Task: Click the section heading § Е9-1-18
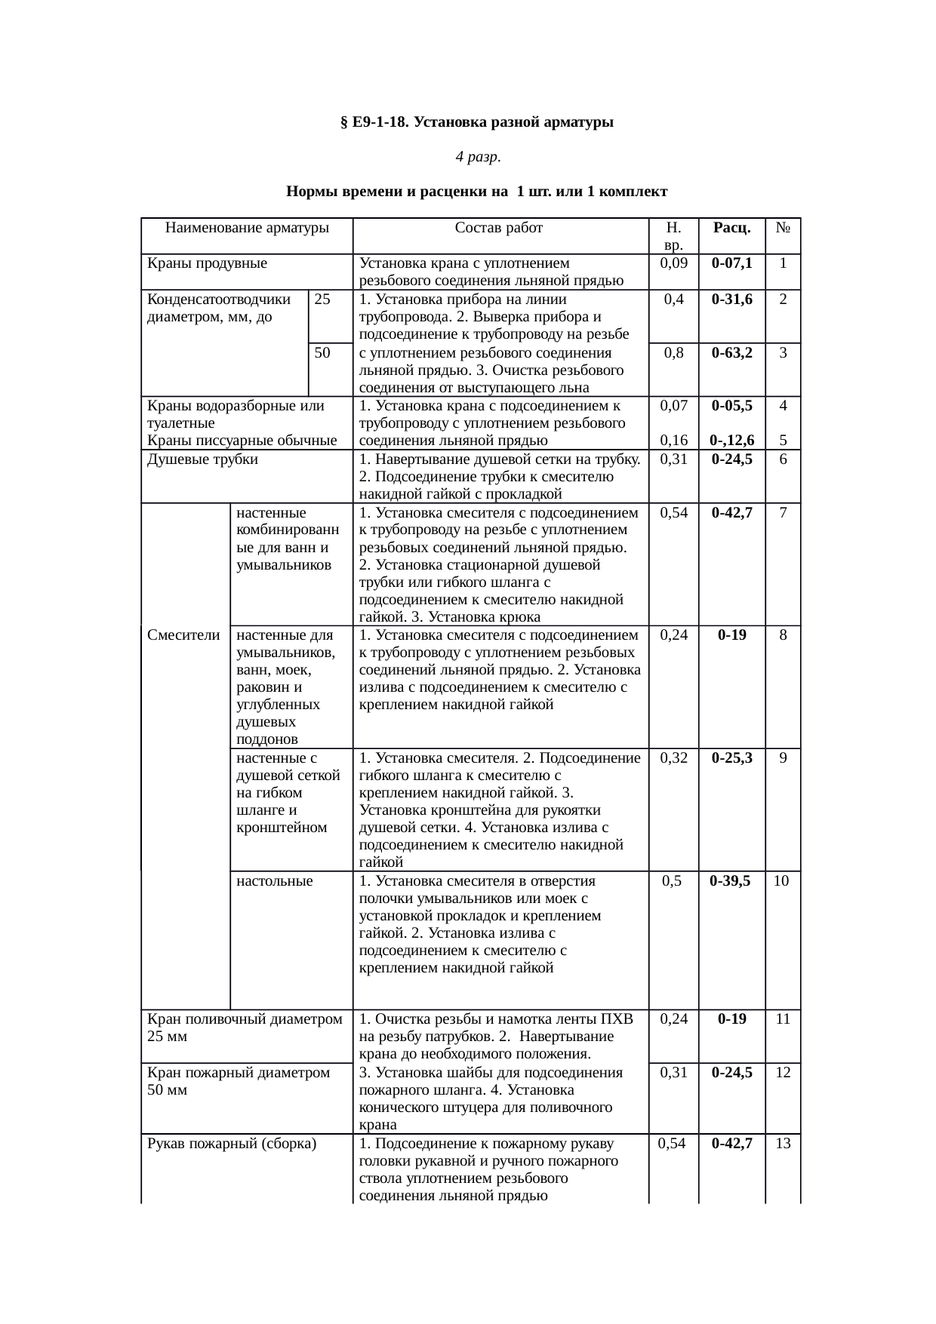[x=476, y=121]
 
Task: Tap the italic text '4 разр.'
[x=477, y=157]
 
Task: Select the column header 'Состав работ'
[x=499, y=227]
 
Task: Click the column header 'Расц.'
[x=731, y=227]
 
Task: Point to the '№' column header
[x=783, y=227]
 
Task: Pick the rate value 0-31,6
[x=731, y=299]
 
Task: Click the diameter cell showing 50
[x=322, y=352]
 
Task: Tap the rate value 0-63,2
[x=731, y=352]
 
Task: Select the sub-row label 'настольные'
[x=274, y=880]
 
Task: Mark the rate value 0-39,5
[x=730, y=880]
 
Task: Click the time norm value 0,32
[x=673, y=757]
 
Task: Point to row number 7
[x=784, y=513]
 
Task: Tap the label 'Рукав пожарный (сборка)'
[x=231, y=1143]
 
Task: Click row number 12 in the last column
[x=783, y=1072]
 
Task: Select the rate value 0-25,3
[x=731, y=757]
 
